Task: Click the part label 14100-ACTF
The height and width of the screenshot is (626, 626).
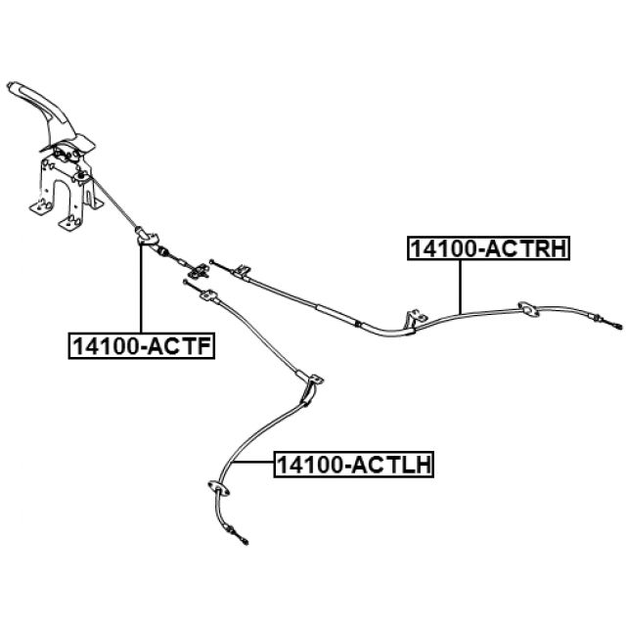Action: tap(141, 345)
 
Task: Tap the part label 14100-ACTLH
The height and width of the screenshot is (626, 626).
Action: tap(353, 463)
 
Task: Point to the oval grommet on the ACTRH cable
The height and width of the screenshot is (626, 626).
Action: tap(527, 309)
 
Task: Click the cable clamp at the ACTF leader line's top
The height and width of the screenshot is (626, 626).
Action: tap(147, 235)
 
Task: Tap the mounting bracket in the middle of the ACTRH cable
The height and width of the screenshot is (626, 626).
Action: tap(415, 318)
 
